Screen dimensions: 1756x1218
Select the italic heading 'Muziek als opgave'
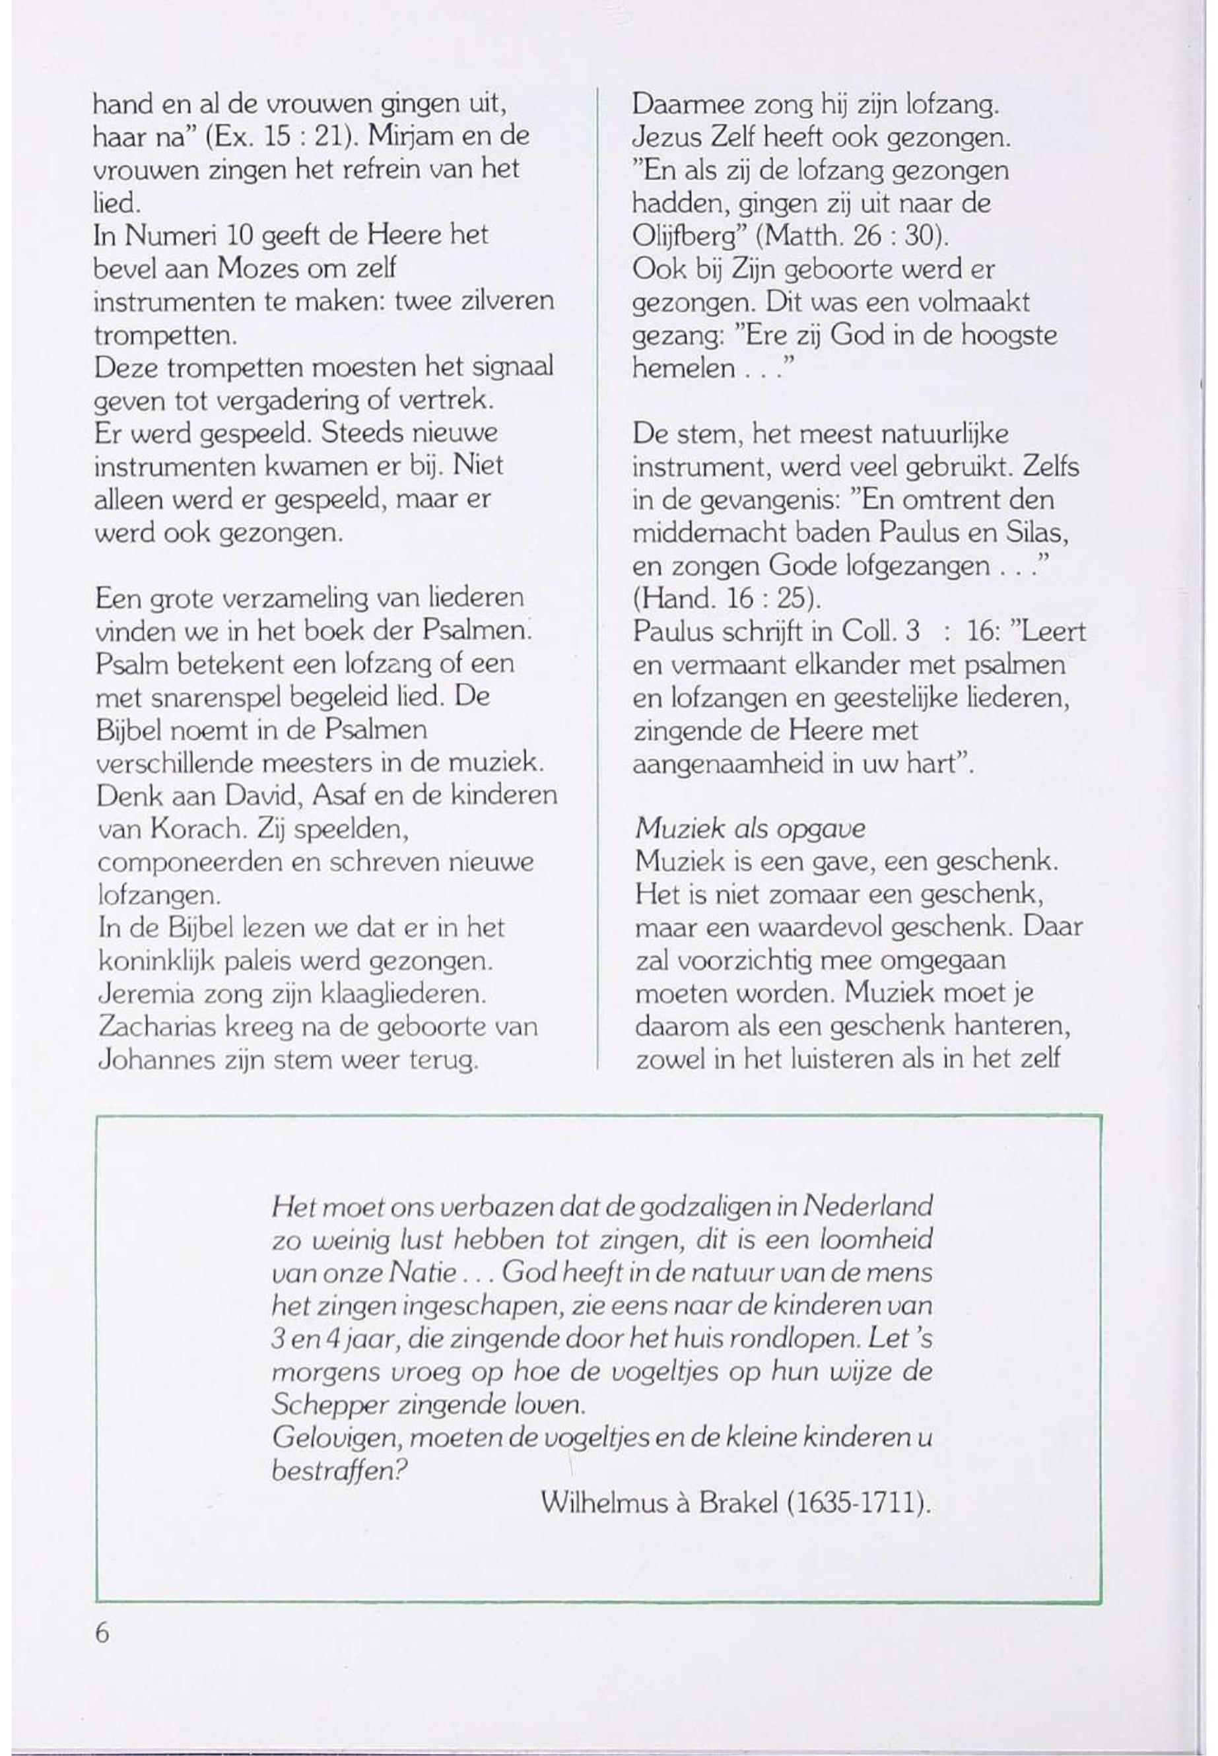click(x=749, y=828)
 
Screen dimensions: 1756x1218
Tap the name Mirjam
click(x=411, y=136)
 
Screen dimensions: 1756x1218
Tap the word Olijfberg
click(x=690, y=236)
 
